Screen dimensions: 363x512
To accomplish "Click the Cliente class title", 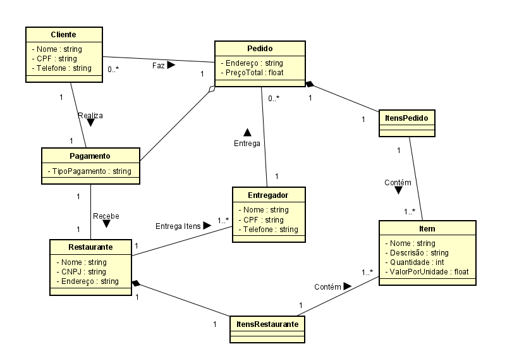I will coord(63,33).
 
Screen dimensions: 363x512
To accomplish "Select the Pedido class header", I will coord(260,48).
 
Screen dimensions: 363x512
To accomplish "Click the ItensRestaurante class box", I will coord(267,329).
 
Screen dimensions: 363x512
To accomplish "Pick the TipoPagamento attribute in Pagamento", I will coord(90,171).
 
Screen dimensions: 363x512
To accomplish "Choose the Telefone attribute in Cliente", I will coord(61,68).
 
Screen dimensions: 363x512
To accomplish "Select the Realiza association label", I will coord(90,116).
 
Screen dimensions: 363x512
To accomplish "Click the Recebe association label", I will coord(106,216).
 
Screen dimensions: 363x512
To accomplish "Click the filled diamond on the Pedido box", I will coord(310,84).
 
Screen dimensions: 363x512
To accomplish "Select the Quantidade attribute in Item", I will coord(417,262).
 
